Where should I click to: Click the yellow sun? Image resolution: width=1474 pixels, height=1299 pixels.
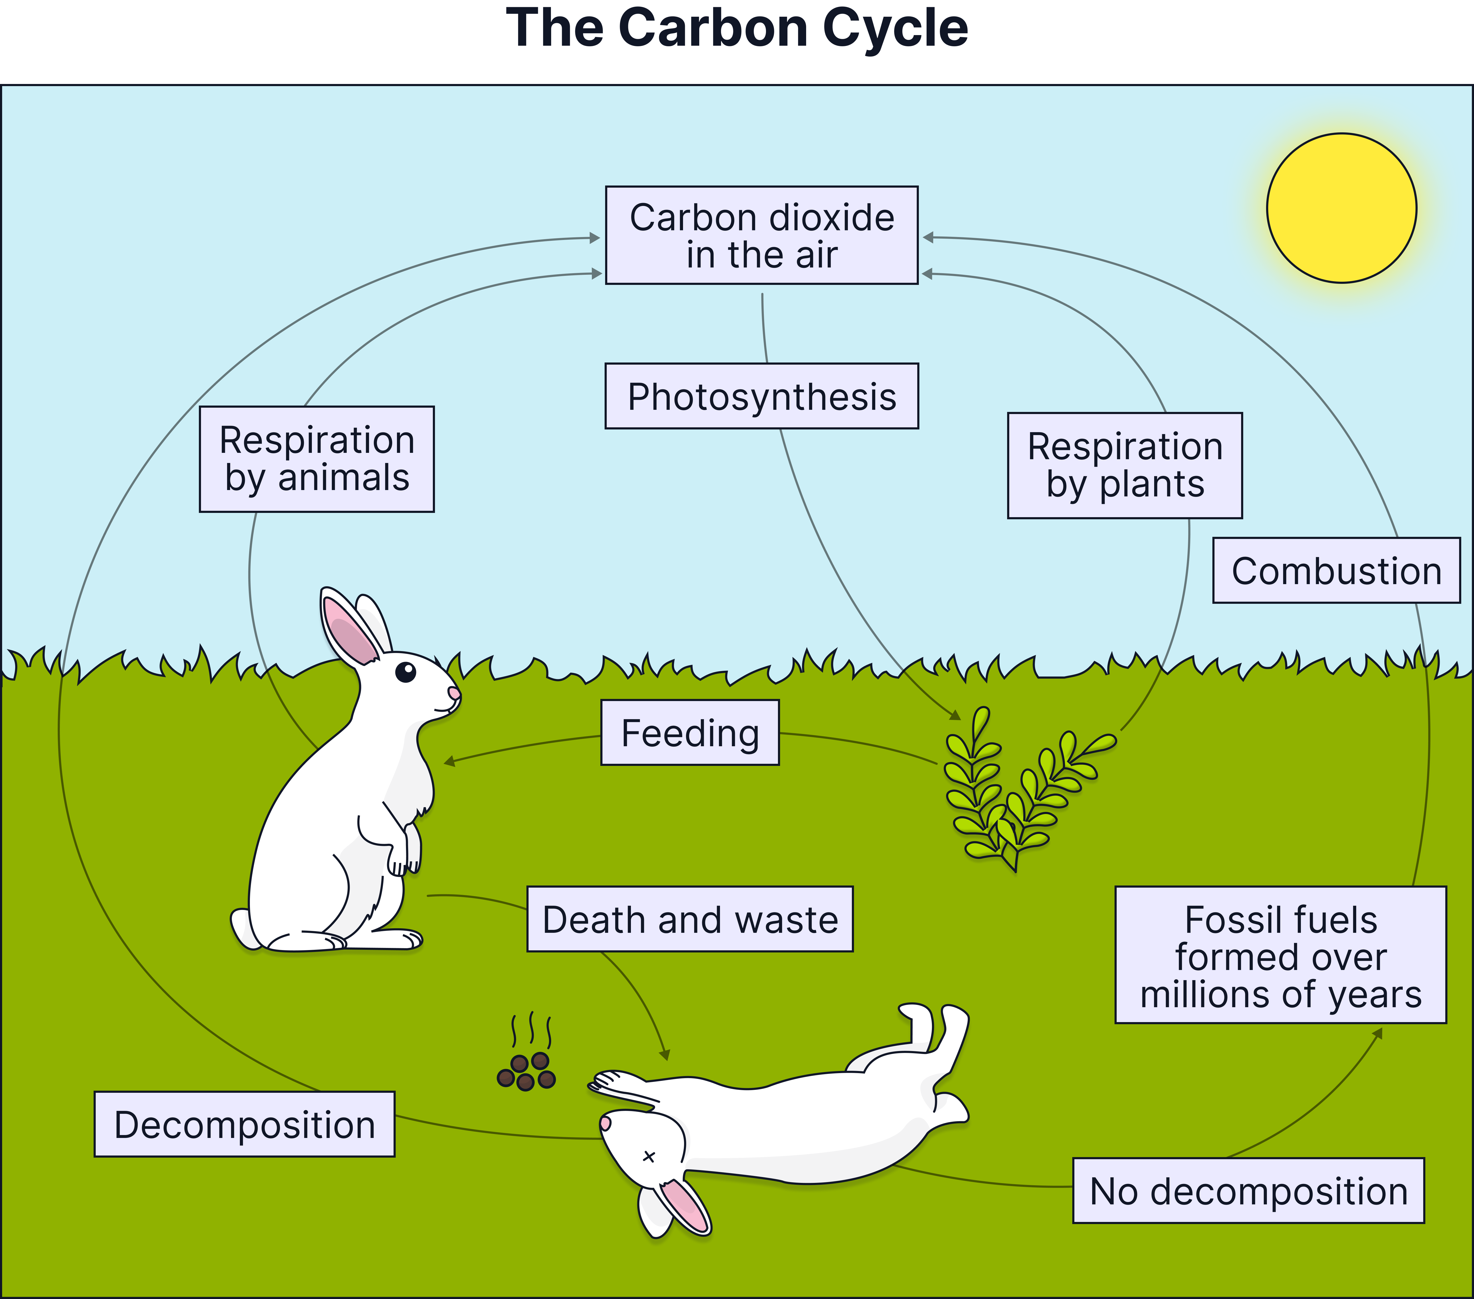click(1341, 208)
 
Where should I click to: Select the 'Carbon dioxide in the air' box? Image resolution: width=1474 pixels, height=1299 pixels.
click(761, 235)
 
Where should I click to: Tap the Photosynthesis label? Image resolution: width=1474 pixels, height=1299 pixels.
click(761, 397)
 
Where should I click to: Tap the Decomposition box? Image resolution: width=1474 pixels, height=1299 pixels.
click(244, 1125)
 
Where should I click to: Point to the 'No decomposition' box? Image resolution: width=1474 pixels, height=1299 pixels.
click(1248, 1191)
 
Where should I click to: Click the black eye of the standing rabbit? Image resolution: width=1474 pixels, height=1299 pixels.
click(406, 672)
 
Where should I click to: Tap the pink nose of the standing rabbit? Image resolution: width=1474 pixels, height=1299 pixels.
click(454, 693)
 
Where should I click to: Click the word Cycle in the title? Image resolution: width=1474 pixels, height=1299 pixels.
click(894, 29)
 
